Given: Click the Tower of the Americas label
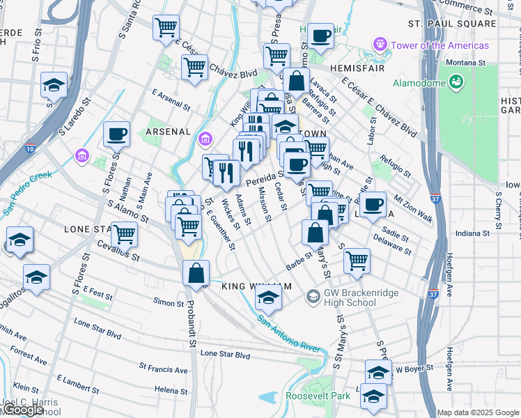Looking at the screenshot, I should (x=440, y=45).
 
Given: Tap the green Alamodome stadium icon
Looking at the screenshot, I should (x=456, y=83).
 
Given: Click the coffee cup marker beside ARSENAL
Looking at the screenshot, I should (x=116, y=133).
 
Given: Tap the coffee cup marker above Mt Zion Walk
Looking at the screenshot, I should (x=373, y=203).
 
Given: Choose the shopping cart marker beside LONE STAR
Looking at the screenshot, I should (x=125, y=234).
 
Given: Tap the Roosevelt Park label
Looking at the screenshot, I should (x=318, y=396).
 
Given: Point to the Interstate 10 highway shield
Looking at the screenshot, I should (x=30, y=148).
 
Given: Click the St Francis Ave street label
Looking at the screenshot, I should (x=163, y=367).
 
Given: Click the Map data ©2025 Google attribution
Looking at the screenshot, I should (x=477, y=412).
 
